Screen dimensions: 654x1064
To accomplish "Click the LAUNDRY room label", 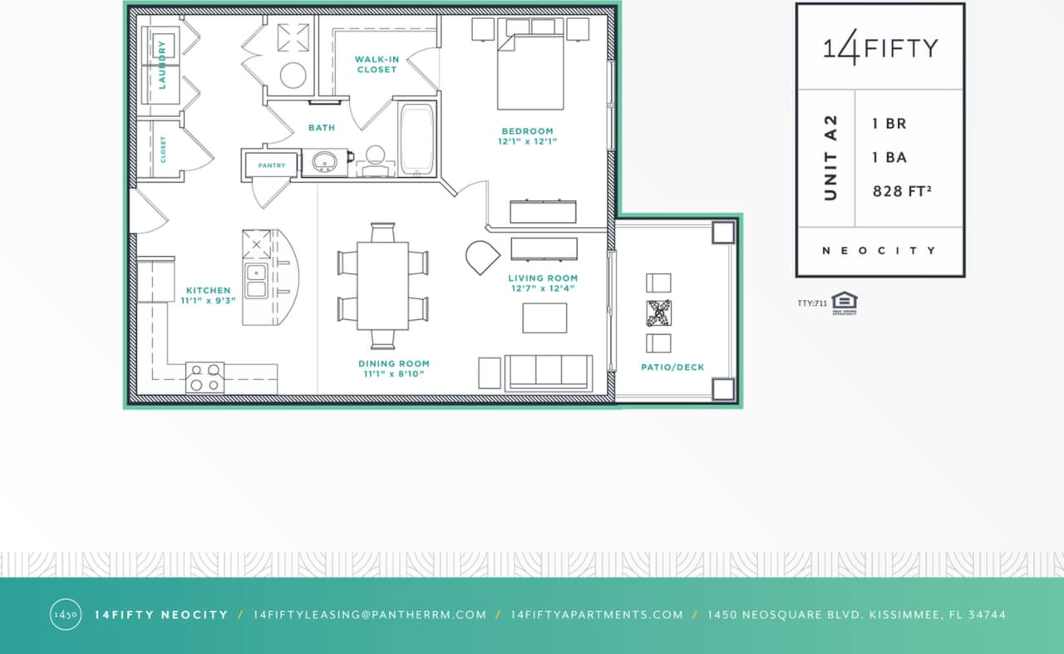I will [x=162, y=64].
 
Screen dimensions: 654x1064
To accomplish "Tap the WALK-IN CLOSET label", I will [x=377, y=64].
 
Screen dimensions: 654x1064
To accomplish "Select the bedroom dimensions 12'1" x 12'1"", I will [x=528, y=141].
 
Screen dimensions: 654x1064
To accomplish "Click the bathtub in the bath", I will [x=416, y=139].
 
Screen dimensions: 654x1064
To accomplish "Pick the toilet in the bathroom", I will [x=376, y=158].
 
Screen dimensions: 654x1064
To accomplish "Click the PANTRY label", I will [x=272, y=165].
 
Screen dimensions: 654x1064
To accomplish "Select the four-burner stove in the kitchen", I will [x=204, y=377].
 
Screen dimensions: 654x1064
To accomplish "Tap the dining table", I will [x=383, y=285].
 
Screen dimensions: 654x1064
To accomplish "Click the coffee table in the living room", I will [x=544, y=317].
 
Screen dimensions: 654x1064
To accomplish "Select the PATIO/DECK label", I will [x=672, y=366].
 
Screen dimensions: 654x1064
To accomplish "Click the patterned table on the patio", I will [x=658, y=312].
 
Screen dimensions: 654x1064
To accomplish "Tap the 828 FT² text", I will [x=901, y=191].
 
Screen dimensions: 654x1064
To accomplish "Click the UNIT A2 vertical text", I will [x=830, y=158].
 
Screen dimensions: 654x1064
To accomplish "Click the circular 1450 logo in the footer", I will [x=66, y=615].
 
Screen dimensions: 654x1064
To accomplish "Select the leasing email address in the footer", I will [x=369, y=615].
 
